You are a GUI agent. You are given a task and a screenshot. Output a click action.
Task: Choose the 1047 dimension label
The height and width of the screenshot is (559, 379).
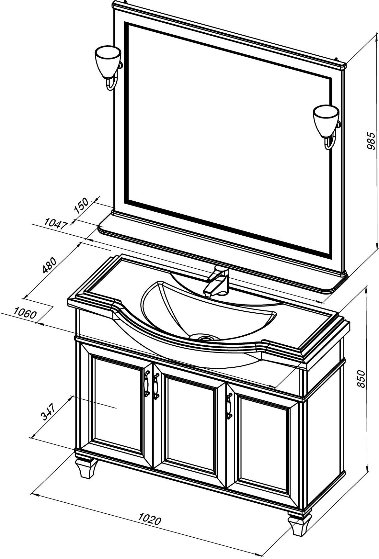tap(56, 223)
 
